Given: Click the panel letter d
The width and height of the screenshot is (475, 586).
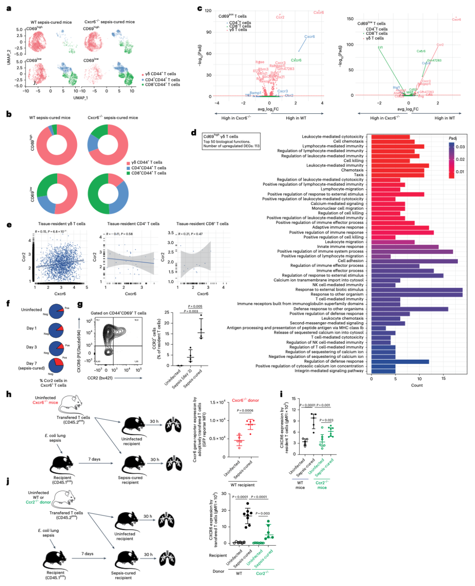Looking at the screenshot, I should point(194,133).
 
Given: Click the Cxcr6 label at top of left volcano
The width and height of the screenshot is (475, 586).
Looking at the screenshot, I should point(318,12).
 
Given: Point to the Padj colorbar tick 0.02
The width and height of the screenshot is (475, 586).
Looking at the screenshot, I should point(460,159).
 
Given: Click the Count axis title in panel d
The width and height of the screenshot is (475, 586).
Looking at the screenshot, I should point(417,385).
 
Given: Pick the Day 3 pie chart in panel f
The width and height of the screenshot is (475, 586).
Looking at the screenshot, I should point(56,348).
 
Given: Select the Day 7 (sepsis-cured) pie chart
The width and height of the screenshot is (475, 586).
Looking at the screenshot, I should point(56,365).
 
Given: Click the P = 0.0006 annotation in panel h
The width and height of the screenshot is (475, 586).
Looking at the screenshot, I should point(245,411).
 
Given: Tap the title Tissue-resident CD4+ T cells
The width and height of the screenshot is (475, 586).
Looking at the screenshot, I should point(133,224).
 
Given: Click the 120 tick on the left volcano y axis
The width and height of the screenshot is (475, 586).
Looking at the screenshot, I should point(208,11).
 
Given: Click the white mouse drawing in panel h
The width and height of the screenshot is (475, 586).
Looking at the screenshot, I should point(70,402).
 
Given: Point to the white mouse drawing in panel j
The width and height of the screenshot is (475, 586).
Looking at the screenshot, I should point(63,498).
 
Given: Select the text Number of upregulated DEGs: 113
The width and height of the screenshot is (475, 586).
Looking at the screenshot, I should point(231,146).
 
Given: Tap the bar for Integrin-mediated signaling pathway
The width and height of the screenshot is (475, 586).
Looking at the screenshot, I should point(383,371).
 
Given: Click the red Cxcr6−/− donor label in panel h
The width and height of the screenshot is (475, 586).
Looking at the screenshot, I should point(245,400).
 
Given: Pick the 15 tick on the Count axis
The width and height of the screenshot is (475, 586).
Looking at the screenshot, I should point(443,378).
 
